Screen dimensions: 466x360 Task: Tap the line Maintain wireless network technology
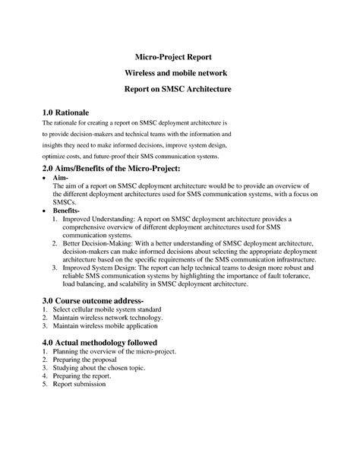(112, 320)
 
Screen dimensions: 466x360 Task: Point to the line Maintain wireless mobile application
(112, 329)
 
